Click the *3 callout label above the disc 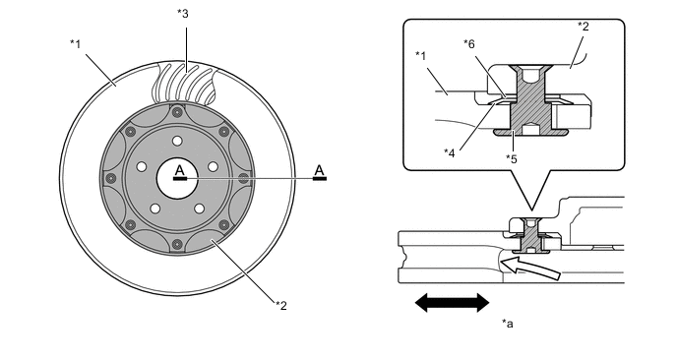(x=183, y=14)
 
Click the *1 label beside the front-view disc (x=76, y=43)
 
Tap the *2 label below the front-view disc (x=281, y=306)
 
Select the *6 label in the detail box (x=469, y=43)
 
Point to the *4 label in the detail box (x=450, y=153)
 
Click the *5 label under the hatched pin (x=512, y=159)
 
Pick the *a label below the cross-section (x=508, y=324)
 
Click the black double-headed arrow (x=452, y=302)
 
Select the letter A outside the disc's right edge (x=319, y=170)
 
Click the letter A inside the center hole (x=180, y=170)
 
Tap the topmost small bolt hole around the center (x=177, y=141)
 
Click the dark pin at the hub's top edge (x=176, y=112)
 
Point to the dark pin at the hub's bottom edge (x=176, y=244)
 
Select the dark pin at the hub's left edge (x=111, y=178)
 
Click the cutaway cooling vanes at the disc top (x=185, y=84)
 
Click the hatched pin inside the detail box (x=530, y=100)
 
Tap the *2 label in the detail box (x=584, y=27)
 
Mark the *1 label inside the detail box (x=421, y=56)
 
